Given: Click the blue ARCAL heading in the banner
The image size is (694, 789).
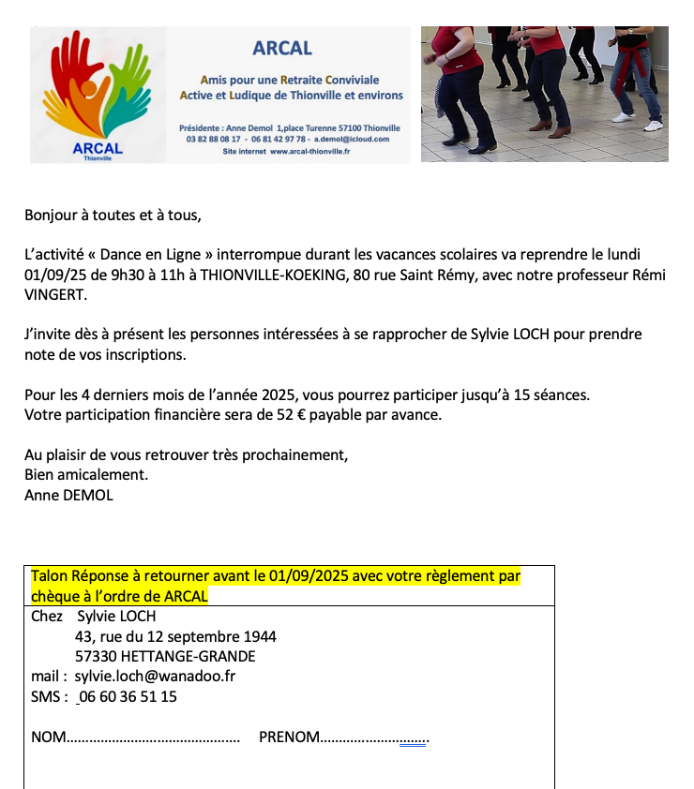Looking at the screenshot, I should (282, 48).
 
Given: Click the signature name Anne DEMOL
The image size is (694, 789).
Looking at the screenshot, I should (68, 496).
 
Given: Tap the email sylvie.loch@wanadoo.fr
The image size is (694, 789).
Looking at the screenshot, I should (155, 676).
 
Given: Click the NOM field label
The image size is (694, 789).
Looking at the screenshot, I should (49, 737).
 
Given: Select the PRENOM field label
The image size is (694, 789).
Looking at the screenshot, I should (289, 737).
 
